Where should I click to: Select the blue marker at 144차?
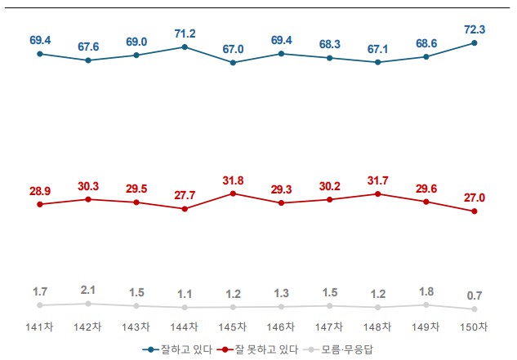[185, 47]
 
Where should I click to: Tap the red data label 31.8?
[233, 179]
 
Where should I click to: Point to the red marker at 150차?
[475, 211]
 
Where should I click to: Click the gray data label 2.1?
[87, 290]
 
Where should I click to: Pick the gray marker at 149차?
[426, 304]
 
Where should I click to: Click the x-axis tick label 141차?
[39, 327]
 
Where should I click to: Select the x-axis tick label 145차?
[233, 327]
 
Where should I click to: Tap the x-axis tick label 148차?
[378, 327]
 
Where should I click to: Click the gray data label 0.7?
[475, 295]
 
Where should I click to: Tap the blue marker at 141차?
[39, 54]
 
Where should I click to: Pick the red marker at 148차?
[378, 193]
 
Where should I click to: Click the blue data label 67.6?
[87, 46]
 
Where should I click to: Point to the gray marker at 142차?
[87, 304]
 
